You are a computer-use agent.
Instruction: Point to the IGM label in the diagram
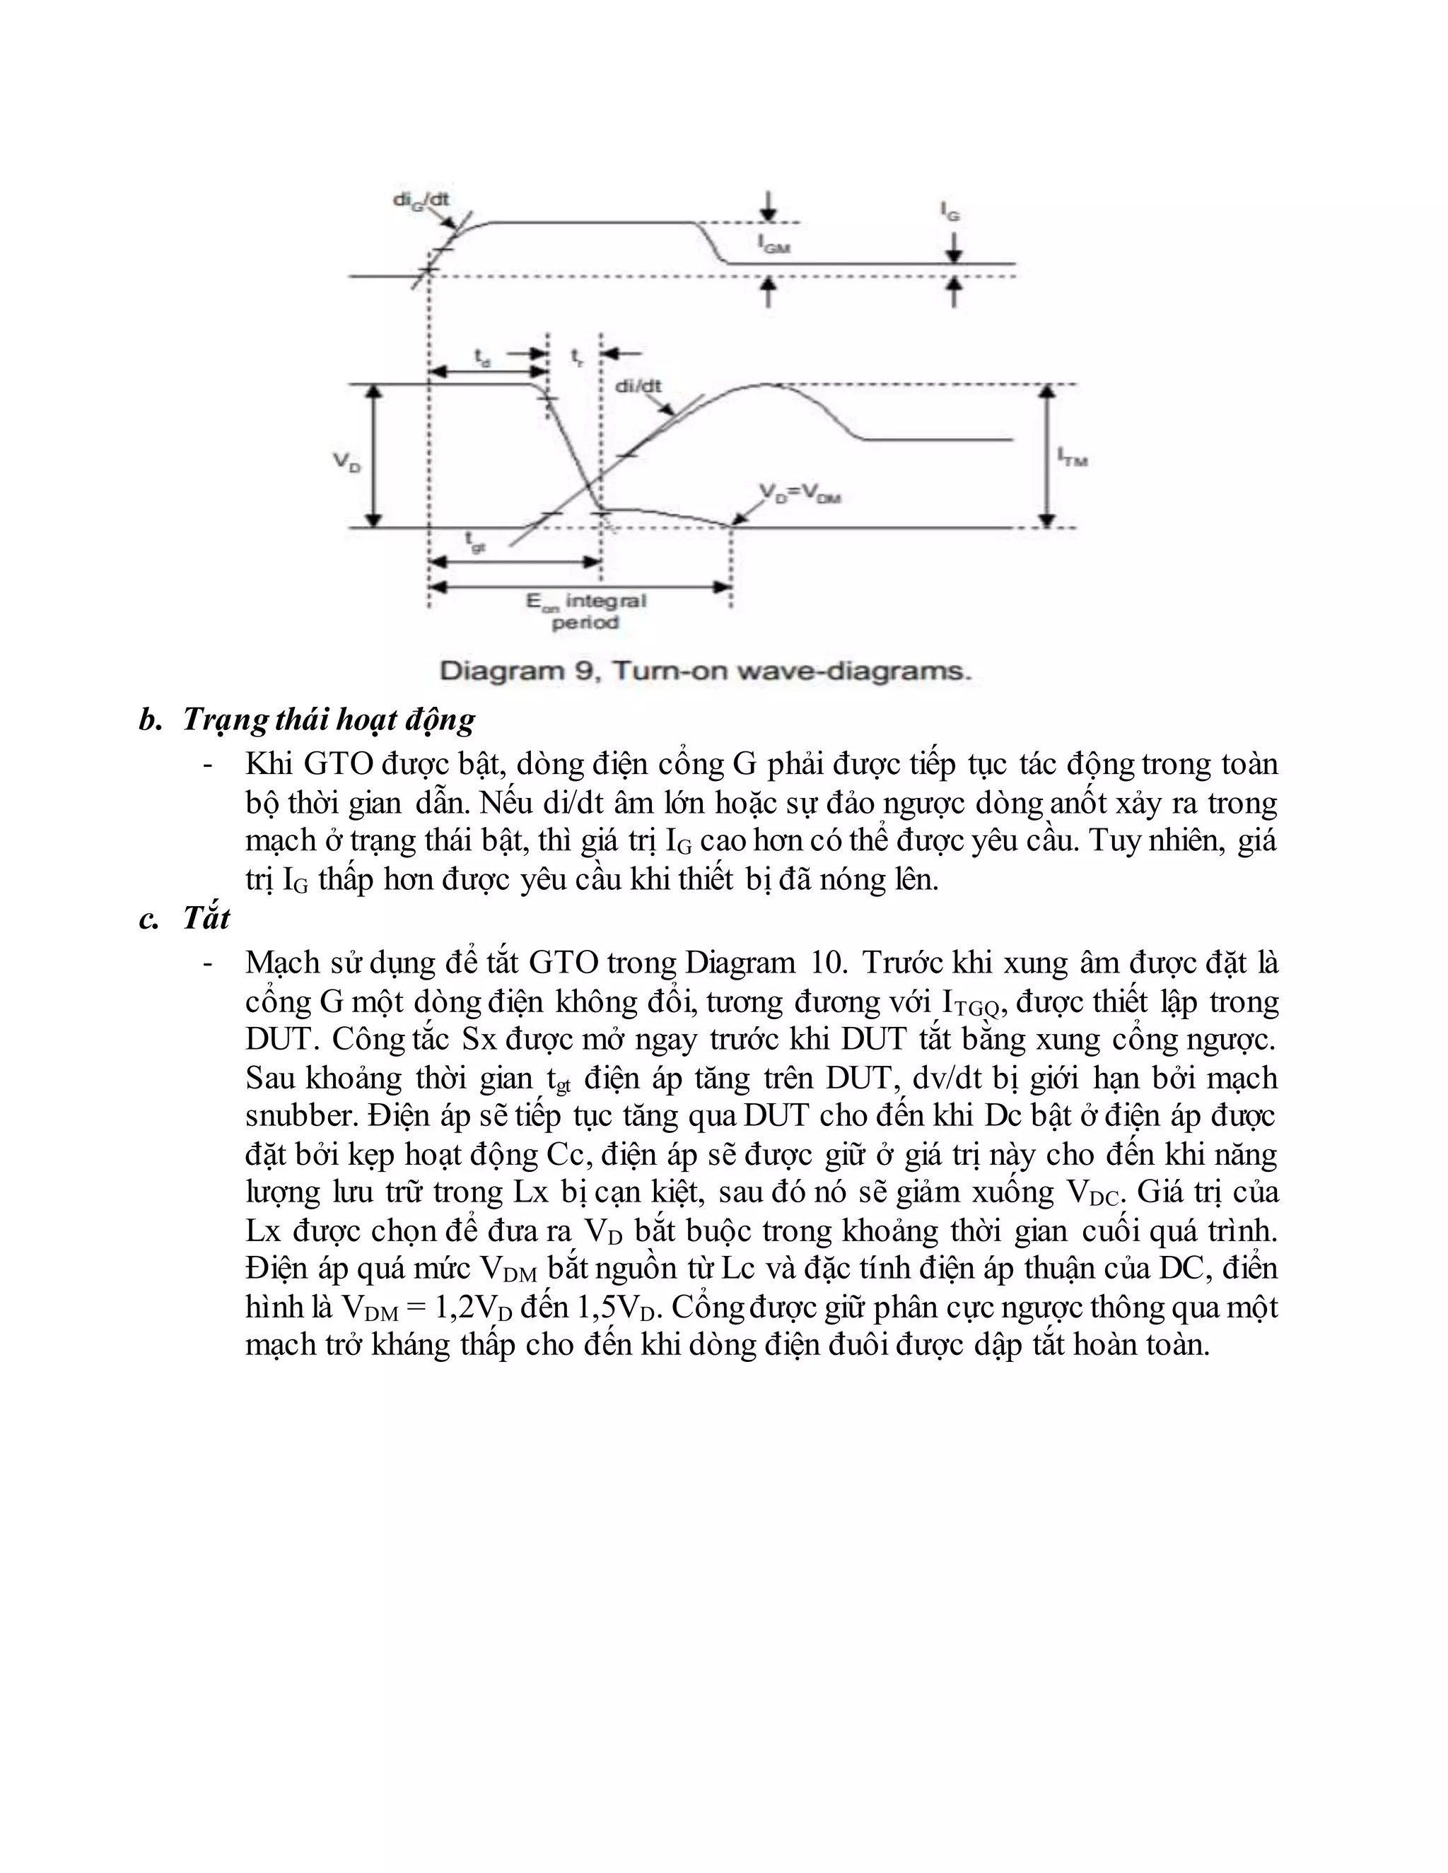click(x=773, y=244)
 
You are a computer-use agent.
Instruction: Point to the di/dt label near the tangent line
click(x=638, y=387)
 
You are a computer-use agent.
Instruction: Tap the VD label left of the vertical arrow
click(x=346, y=463)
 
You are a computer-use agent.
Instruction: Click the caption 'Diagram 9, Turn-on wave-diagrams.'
click(x=705, y=671)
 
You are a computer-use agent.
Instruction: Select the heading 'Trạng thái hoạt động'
click(x=329, y=720)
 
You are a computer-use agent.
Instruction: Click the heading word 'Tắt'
click(x=206, y=919)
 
